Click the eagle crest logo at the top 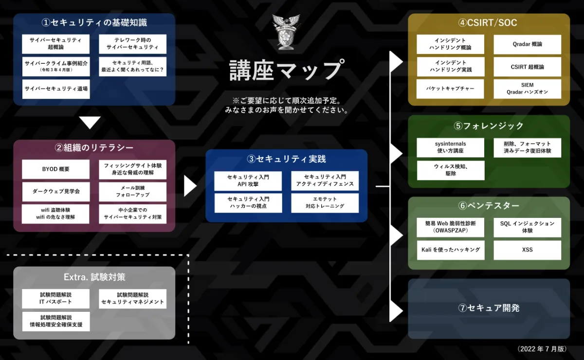pyautogui.click(x=286, y=32)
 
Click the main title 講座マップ pyautogui.click(x=287, y=70)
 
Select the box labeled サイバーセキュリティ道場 pyautogui.click(x=56, y=89)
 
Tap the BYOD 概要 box pyautogui.click(x=56, y=169)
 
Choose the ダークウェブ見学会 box pyautogui.click(x=56, y=192)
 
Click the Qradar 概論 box pyautogui.click(x=527, y=44)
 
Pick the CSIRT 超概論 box pyautogui.click(x=527, y=67)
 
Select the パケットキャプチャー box pyautogui.click(x=451, y=89)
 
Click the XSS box pyautogui.click(x=527, y=250)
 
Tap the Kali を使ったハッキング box pyautogui.click(x=451, y=250)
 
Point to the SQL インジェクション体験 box pyautogui.click(x=527, y=227)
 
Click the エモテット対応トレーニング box pyautogui.click(x=325, y=203)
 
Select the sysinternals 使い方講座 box pyautogui.click(x=451, y=147)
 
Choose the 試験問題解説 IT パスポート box pyautogui.click(x=56, y=299)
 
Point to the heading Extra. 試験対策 pyautogui.click(x=94, y=277)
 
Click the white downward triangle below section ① pyautogui.click(x=90, y=123)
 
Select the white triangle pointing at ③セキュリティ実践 pyautogui.click(x=190, y=186)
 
